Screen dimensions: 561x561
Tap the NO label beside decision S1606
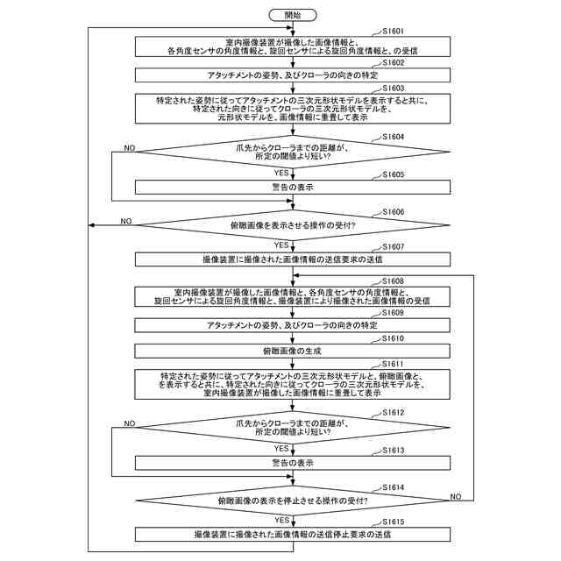tap(125, 220)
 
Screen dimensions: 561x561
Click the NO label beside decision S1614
tap(455, 496)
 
